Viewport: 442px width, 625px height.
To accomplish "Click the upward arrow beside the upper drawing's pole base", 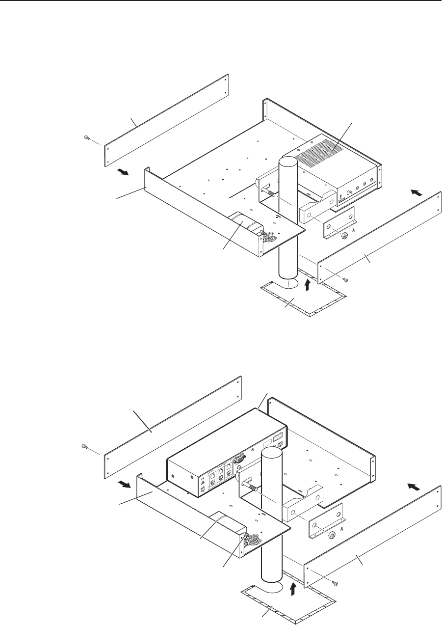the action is pos(308,284).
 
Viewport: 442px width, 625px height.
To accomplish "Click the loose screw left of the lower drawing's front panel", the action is pos(84,446).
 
